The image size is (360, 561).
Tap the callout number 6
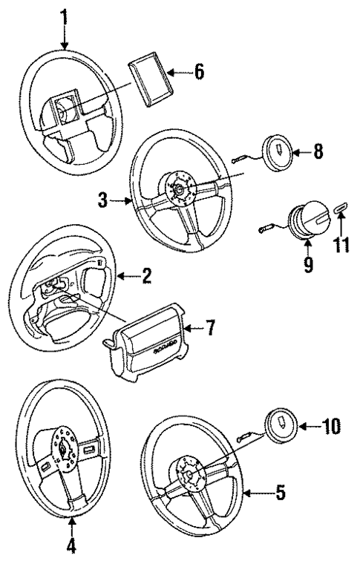pyautogui.click(x=199, y=73)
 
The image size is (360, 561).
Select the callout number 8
pyautogui.click(x=318, y=153)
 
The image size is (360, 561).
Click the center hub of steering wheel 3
pyautogui.click(x=180, y=190)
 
